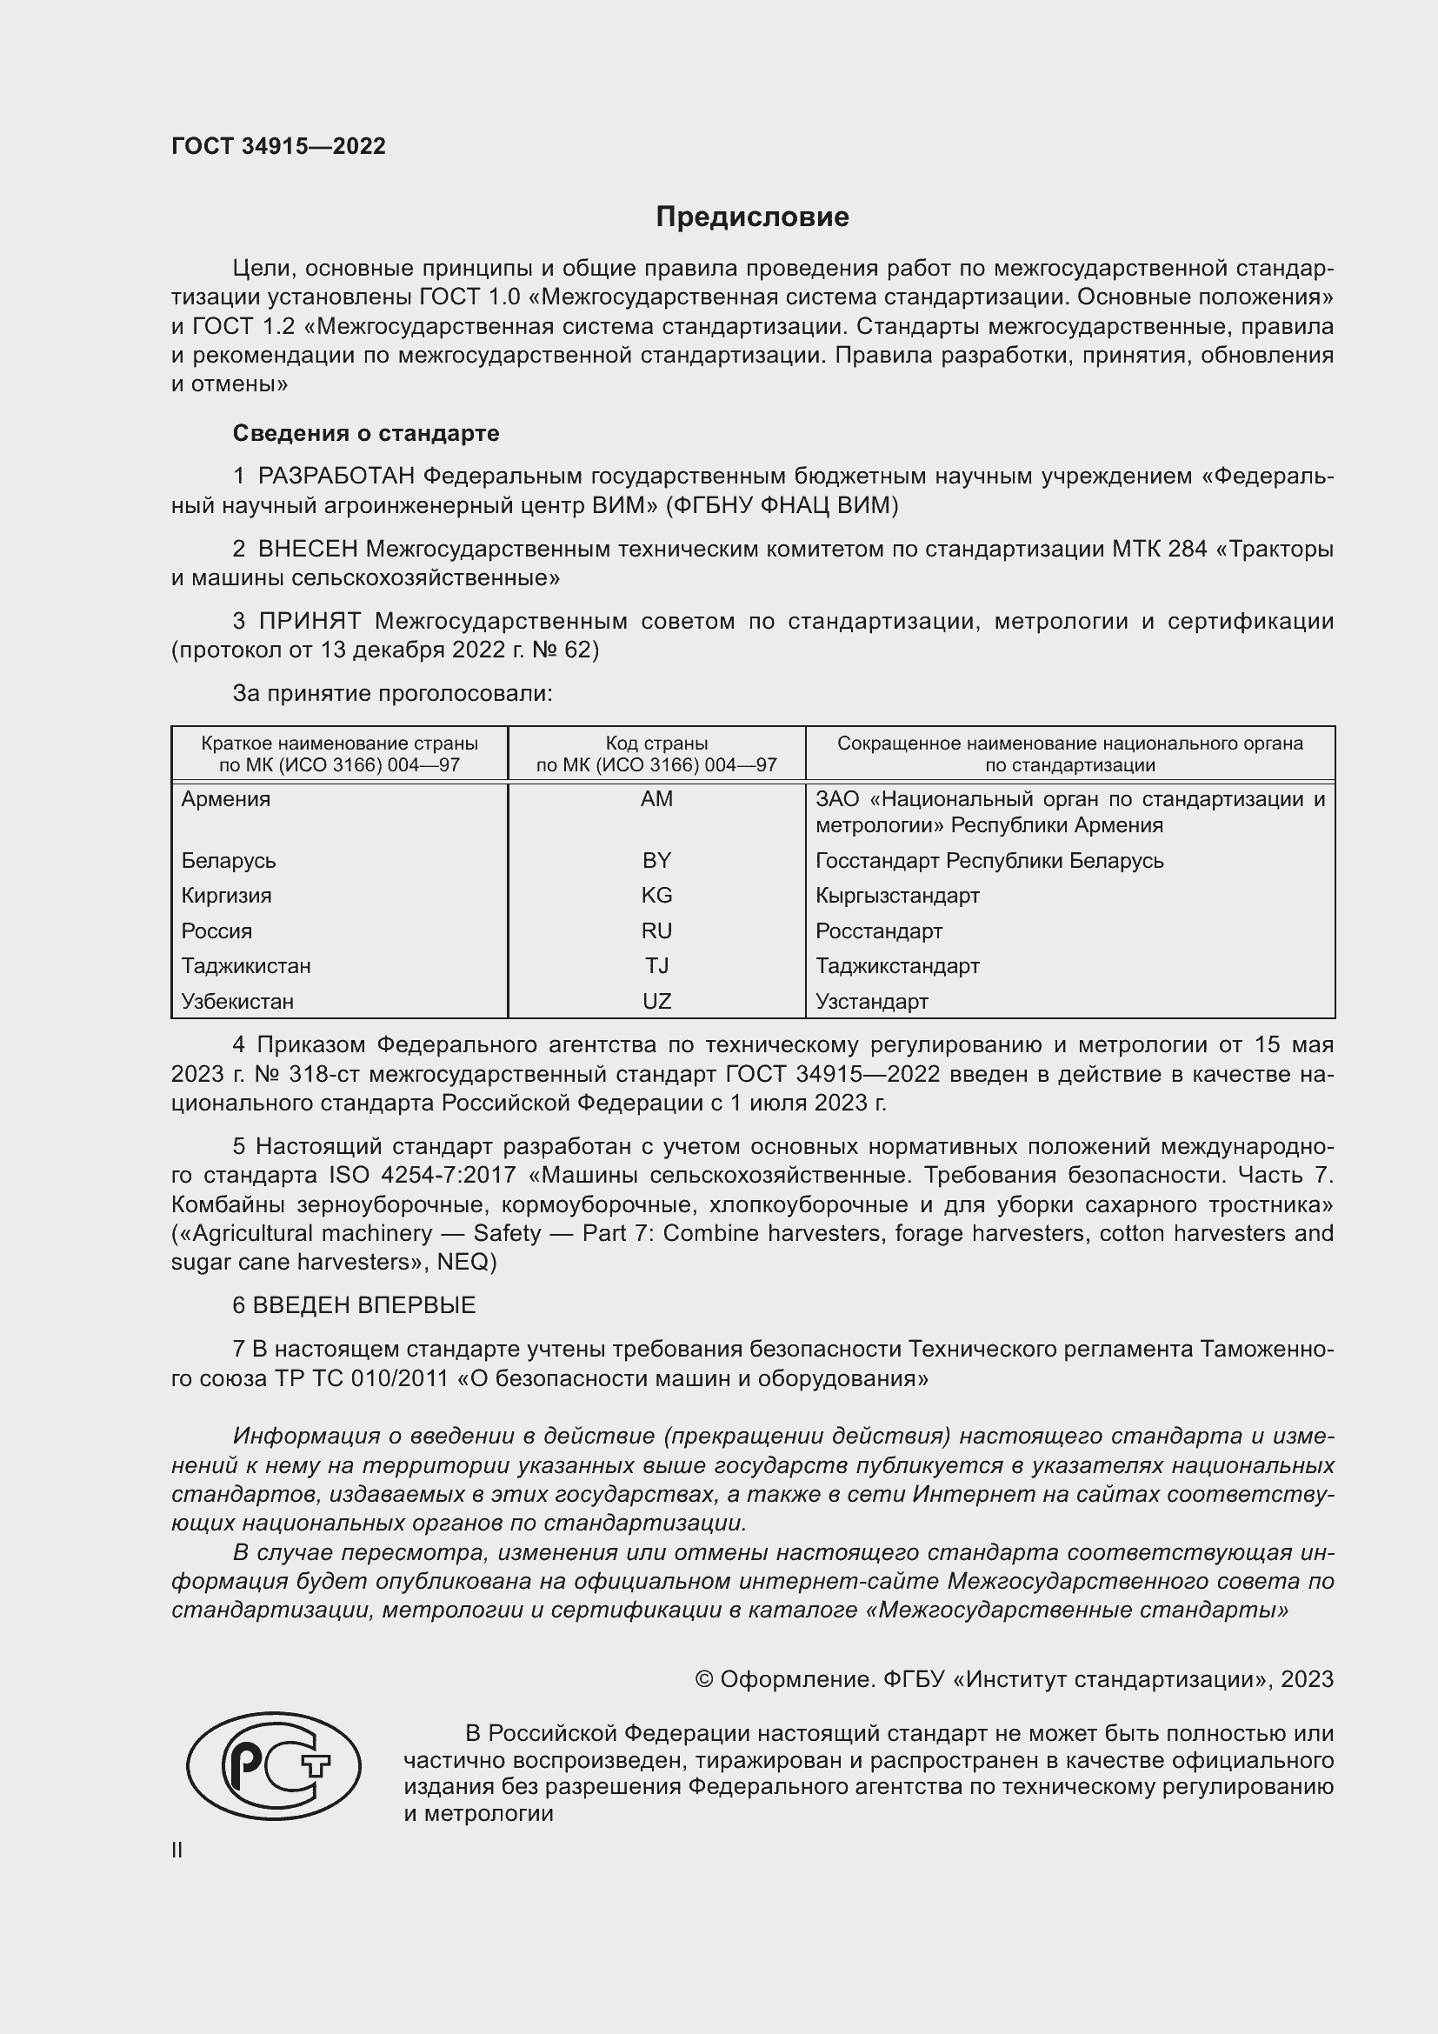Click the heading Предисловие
click(x=752, y=217)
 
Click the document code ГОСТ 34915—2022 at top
click(x=278, y=146)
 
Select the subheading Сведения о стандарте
click(x=366, y=433)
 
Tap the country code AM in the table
click(x=656, y=799)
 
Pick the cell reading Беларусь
click(x=229, y=860)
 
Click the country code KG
click(x=656, y=896)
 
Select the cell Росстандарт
click(x=878, y=931)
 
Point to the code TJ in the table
click(x=656, y=965)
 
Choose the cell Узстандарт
click(x=871, y=1002)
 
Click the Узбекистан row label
click(x=237, y=1002)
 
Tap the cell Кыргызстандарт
click(x=897, y=896)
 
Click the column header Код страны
click(x=656, y=744)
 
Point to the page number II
click(x=177, y=1851)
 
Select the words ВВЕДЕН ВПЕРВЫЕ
click(x=364, y=1305)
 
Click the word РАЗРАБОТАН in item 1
click(x=336, y=477)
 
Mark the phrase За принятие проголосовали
click(x=392, y=694)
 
